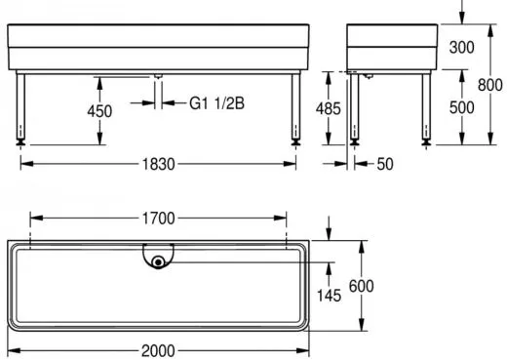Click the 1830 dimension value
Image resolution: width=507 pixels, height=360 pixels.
[156, 164]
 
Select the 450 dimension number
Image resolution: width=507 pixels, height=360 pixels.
[99, 111]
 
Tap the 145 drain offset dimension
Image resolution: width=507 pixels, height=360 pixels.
[329, 295]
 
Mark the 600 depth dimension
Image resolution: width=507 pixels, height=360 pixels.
[361, 285]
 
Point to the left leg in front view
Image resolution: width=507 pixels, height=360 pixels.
[20, 105]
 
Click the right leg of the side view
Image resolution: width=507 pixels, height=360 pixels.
[425, 105]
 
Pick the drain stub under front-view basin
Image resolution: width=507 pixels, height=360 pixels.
[157, 75]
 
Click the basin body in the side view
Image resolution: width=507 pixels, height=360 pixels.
[390, 45]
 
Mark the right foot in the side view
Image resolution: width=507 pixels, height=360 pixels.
[425, 142]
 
